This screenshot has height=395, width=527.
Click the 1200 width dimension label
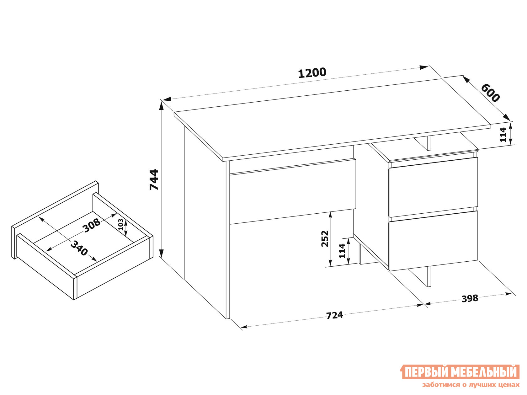(x=312, y=73)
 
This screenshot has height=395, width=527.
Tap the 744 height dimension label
(x=154, y=179)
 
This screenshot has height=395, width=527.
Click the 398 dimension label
(x=470, y=298)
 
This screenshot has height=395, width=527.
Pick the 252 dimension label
(x=325, y=239)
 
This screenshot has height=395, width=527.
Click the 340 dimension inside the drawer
(x=79, y=248)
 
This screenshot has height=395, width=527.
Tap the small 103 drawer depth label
(x=120, y=224)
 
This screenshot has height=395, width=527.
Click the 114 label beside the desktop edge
(x=503, y=135)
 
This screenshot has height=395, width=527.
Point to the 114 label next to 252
(x=342, y=251)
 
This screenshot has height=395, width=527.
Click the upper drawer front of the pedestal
(x=433, y=187)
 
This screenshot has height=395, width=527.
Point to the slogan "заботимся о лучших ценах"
(x=471, y=385)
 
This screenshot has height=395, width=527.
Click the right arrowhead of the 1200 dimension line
(x=424, y=67)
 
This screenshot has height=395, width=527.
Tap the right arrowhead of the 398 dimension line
(x=508, y=294)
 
